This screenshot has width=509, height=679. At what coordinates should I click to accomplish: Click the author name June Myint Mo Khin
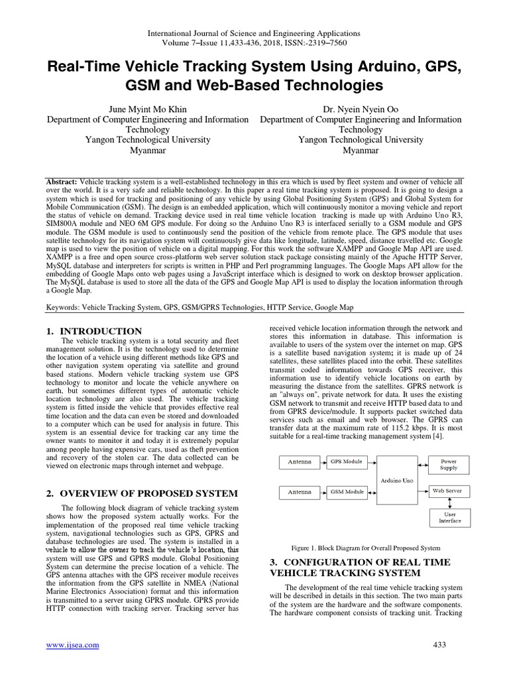click(148, 109)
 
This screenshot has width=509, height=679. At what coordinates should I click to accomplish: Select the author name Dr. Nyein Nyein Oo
click(361, 109)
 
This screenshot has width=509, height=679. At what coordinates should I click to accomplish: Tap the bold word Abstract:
click(62, 182)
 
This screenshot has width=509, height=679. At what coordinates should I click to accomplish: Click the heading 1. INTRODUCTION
click(94, 331)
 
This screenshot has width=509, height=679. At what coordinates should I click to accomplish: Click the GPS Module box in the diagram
click(347, 461)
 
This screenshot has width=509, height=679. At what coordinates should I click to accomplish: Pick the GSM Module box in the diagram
click(347, 491)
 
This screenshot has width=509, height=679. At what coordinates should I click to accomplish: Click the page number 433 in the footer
click(439, 645)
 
